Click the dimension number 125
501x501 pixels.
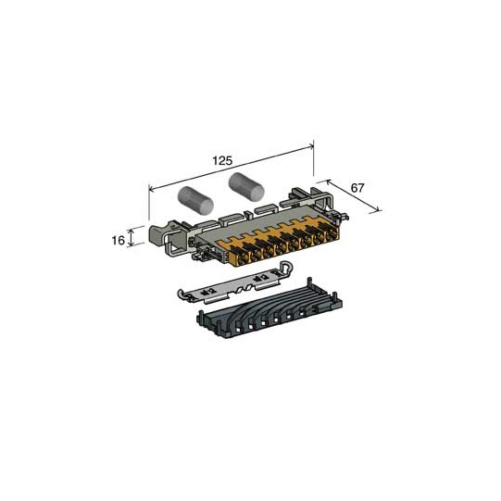tap(222, 160)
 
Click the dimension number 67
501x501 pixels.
tap(357, 188)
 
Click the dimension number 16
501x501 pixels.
tap(119, 240)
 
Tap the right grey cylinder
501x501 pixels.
tap(245, 185)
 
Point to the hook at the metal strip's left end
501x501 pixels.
tap(181, 294)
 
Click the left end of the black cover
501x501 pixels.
tap(201, 319)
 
